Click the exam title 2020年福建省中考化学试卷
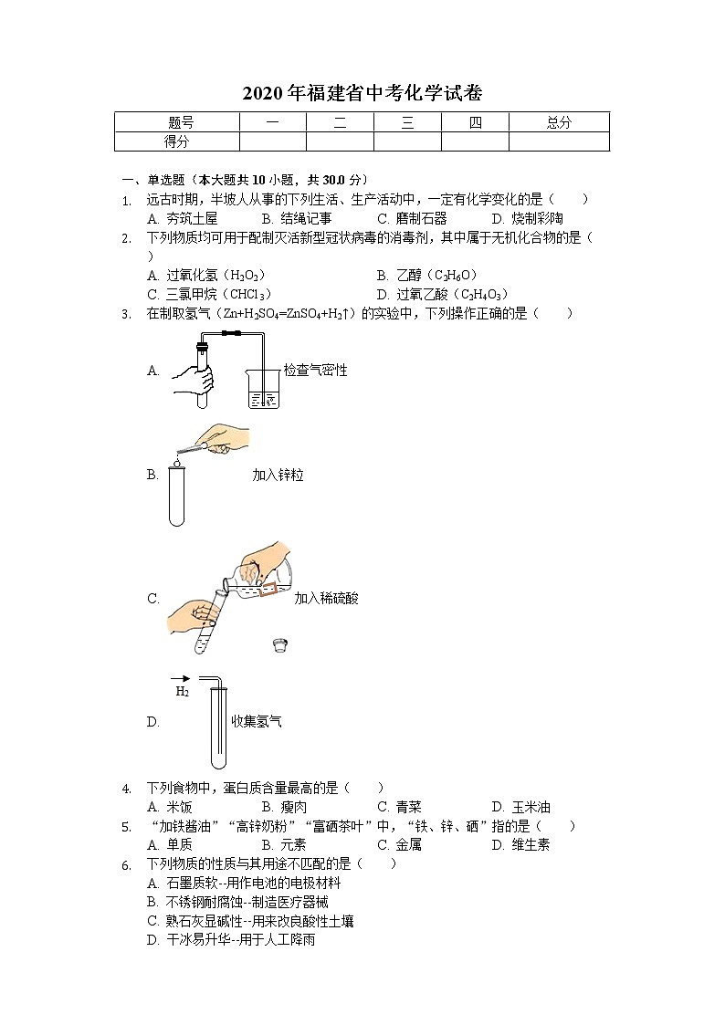362,93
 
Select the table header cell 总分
559,122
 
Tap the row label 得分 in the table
177,141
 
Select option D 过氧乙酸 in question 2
441,294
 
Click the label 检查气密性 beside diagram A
315,370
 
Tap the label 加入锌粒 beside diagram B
278,475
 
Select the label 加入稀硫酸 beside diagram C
326,599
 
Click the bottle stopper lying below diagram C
281,647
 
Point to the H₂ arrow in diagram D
181,678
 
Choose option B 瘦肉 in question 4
284,807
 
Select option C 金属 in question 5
399,844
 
